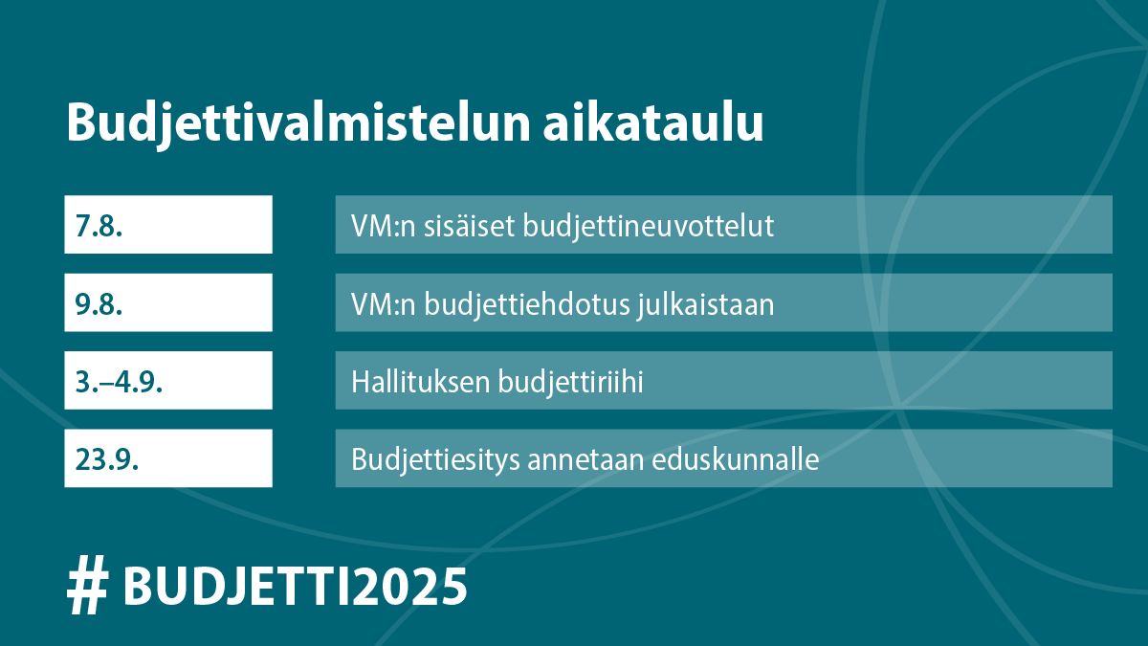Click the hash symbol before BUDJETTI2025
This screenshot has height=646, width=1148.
(x=87, y=586)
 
